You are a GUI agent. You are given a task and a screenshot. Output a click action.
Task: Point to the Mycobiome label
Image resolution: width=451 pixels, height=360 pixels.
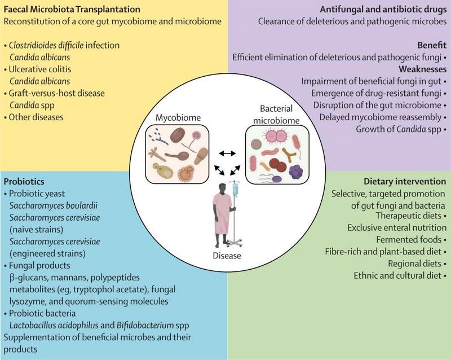pos(178,117)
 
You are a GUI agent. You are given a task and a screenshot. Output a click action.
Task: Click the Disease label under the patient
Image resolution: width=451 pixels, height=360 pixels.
pos(225,256)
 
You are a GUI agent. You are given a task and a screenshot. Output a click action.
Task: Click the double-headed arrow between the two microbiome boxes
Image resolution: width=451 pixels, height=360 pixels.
pos(228,153)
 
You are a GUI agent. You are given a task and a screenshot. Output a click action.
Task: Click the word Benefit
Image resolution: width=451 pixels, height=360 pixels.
pos(431,45)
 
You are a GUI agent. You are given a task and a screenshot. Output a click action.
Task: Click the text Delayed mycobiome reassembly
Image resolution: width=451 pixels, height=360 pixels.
pos(383,117)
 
